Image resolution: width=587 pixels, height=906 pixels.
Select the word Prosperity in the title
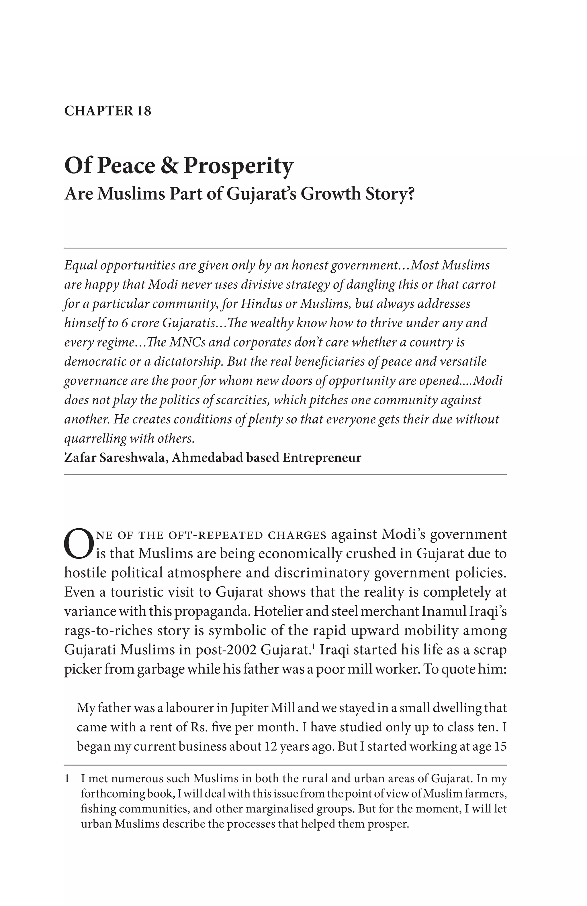coord(238,166)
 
